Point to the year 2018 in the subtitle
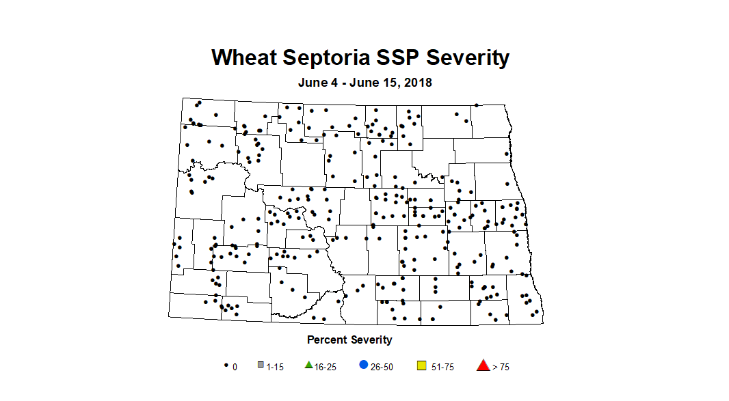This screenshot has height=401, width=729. point(418,83)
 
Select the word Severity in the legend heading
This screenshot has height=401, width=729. point(372,340)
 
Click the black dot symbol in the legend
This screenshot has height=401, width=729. point(226,366)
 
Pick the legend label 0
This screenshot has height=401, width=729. point(235,367)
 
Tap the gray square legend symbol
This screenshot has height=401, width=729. point(261,365)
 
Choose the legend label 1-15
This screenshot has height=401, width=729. point(275,367)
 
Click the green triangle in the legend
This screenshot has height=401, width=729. point(309,365)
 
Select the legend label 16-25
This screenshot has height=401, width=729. point(325,367)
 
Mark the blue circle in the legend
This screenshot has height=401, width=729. point(362,365)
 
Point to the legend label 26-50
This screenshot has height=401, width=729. point(382,367)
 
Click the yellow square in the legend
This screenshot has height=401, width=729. point(422,366)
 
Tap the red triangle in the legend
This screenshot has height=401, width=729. point(483,365)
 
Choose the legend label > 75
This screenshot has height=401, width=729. point(501,367)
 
